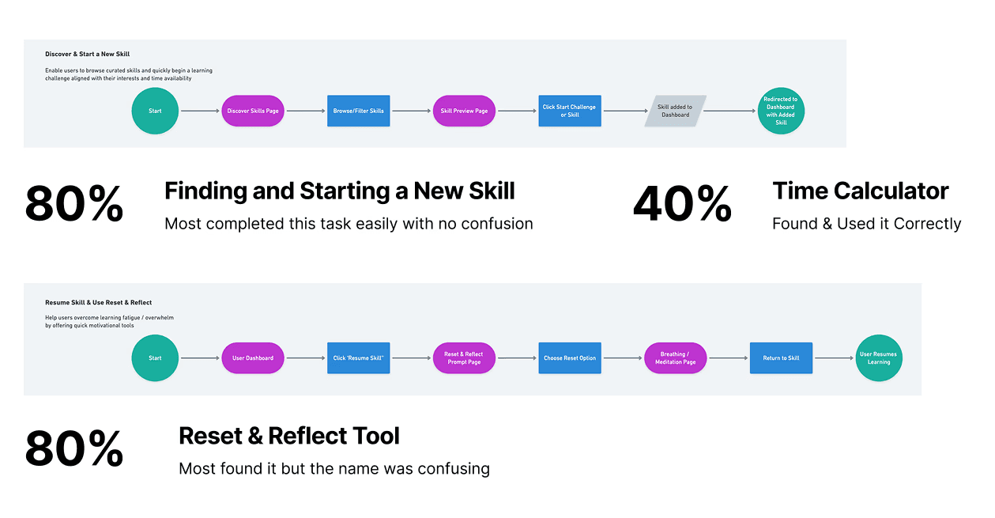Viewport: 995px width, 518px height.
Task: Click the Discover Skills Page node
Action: click(x=253, y=111)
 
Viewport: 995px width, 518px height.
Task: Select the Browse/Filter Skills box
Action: click(x=358, y=111)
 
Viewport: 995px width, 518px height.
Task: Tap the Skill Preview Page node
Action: click(x=464, y=111)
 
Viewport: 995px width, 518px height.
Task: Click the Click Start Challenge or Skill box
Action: click(x=569, y=111)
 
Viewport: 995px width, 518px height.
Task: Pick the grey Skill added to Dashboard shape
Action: click(x=675, y=111)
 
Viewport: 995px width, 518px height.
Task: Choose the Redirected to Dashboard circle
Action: click(x=781, y=111)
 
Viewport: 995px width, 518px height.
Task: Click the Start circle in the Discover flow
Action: click(x=155, y=111)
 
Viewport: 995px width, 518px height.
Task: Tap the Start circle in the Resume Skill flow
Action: click(x=155, y=358)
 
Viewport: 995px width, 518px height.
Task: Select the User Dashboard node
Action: click(x=253, y=358)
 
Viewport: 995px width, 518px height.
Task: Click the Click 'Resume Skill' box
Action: click(x=358, y=358)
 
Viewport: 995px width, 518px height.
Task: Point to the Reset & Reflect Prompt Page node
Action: click(x=464, y=358)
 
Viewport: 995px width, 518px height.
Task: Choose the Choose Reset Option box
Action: click(x=569, y=358)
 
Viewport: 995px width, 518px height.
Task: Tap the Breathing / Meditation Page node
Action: click(x=675, y=358)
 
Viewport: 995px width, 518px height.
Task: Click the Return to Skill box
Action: click(x=781, y=358)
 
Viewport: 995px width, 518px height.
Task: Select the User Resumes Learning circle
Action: click(x=879, y=358)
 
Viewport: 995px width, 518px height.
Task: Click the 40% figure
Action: click(x=682, y=205)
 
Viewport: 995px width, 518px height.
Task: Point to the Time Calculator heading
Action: click(x=861, y=191)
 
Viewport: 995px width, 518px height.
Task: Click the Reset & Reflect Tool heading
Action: click(x=289, y=436)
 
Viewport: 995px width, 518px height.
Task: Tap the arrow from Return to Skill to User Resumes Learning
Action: click(x=834, y=358)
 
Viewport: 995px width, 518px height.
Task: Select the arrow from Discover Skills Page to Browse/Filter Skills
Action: click(x=305, y=111)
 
